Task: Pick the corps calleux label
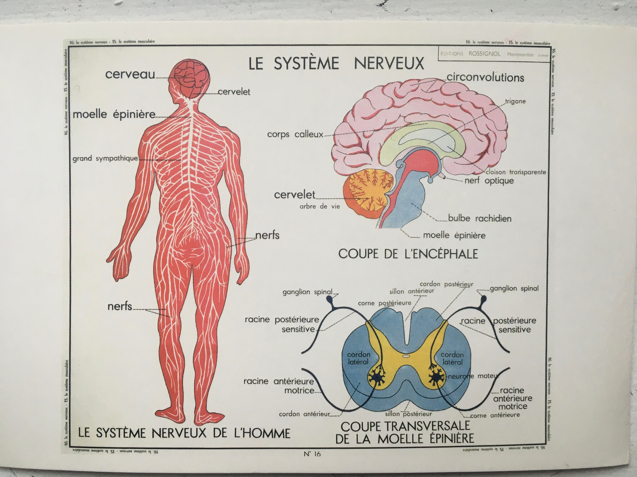[295, 134]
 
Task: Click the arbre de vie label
[320, 206]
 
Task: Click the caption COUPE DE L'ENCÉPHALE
[408, 254]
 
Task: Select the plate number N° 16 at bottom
[312, 454]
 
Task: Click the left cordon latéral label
[358, 358]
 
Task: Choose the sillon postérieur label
[408, 414]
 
